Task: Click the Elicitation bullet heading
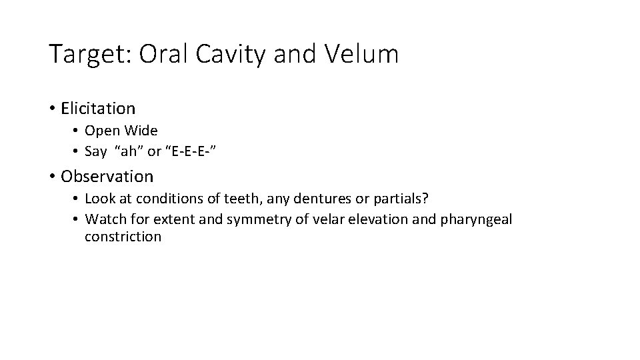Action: coord(98,108)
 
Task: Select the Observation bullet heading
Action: coord(107,177)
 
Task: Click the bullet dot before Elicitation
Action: coord(52,109)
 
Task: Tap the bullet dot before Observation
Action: coord(52,177)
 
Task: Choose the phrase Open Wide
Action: coord(121,131)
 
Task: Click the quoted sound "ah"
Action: coord(131,151)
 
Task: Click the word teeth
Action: coord(241,199)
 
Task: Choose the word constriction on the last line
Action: coord(123,237)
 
